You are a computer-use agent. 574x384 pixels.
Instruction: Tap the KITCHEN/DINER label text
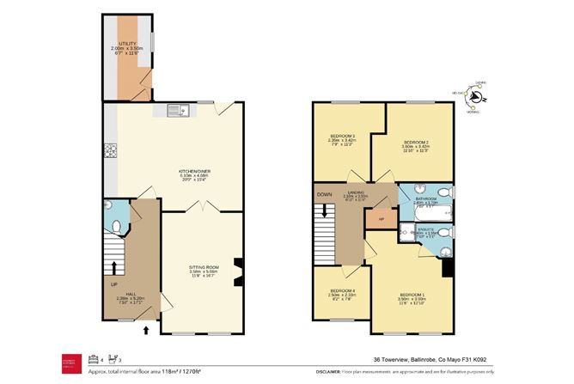point(194,171)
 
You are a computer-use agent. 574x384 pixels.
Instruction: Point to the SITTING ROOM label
point(205,267)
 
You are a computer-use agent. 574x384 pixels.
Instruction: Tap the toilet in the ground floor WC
point(117,224)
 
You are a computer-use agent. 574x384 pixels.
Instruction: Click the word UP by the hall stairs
point(113,283)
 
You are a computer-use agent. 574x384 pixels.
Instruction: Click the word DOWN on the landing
point(325,194)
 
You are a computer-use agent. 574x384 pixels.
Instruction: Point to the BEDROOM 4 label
point(341,290)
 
